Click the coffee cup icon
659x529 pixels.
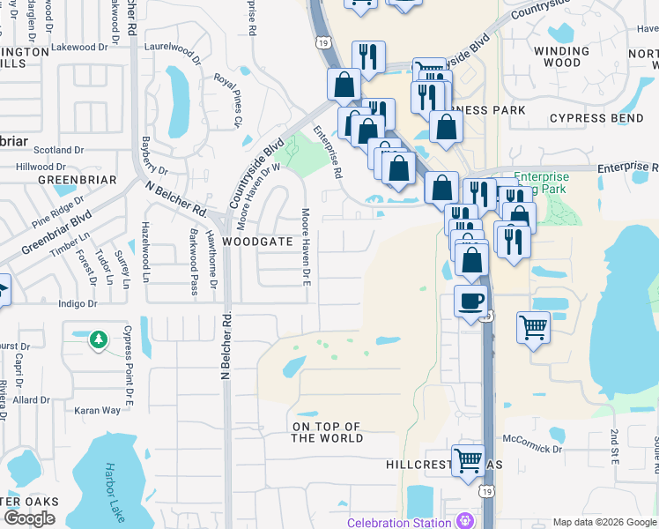pos(471,301)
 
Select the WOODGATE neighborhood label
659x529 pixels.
pos(256,241)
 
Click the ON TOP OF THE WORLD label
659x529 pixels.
pos(327,432)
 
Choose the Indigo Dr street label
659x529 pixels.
pos(78,303)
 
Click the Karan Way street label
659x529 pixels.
pos(97,410)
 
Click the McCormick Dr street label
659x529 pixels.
pos(531,437)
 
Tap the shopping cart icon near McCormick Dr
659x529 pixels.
pos(468,460)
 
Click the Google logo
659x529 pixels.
pos(30,518)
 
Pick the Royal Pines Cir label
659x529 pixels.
pos(227,100)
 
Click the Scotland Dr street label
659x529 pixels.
pos(59,151)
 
